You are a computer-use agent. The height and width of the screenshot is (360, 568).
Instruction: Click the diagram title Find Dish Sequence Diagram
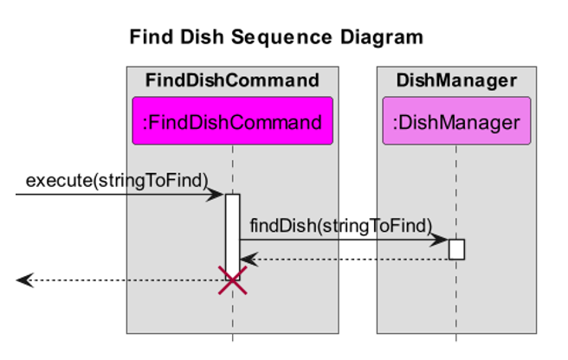[x=276, y=37]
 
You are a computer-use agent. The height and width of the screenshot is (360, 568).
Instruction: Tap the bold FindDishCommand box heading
[x=232, y=81]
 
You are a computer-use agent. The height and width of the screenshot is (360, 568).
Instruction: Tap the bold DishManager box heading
[x=456, y=81]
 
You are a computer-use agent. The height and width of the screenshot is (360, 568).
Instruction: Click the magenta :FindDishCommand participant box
[x=232, y=121]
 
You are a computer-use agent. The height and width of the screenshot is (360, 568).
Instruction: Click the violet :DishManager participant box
[x=456, y=121]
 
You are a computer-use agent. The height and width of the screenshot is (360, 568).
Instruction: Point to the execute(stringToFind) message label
[x=117, y=180]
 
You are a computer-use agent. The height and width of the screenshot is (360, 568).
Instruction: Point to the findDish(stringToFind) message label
[x=340, y=226]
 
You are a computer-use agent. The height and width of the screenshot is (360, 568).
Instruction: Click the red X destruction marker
[x=232, y=280]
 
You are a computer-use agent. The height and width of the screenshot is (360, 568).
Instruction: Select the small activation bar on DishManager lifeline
[x=456, y=249]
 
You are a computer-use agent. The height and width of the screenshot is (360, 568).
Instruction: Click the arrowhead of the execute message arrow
[x=219, y=195]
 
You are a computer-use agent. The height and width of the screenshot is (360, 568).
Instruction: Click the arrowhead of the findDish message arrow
[x=442, y=240]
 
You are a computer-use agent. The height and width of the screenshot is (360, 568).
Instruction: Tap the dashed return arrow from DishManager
[x=346, y=259]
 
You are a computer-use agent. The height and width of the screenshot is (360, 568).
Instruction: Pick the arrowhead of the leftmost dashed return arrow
[x=23, y=280]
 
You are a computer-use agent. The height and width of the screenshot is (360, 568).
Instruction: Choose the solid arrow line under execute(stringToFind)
[x=113, y=195]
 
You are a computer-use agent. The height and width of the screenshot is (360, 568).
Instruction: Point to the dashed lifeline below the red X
[x=232, y=316]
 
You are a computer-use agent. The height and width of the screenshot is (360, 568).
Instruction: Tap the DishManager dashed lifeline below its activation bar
[x=456, y=299]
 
